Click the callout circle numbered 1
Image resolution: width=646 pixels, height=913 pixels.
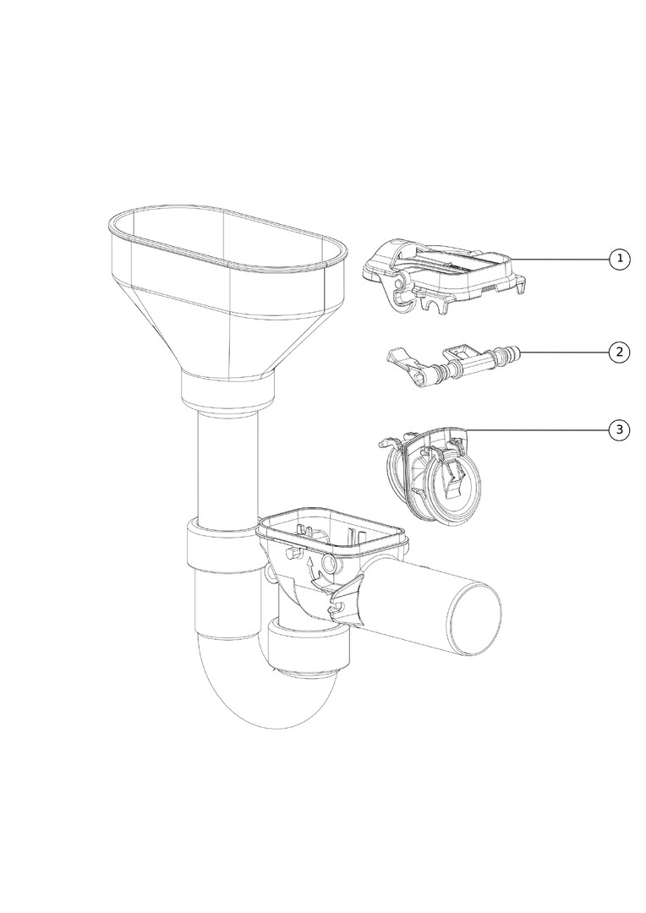619,258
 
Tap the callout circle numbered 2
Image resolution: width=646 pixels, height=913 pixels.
619,352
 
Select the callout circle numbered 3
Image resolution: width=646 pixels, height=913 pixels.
619,430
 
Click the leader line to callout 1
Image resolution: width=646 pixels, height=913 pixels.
559,258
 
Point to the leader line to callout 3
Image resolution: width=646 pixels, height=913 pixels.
537,430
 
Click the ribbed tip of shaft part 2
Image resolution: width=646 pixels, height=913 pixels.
512,353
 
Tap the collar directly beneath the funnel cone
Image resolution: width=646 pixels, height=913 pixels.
227,390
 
